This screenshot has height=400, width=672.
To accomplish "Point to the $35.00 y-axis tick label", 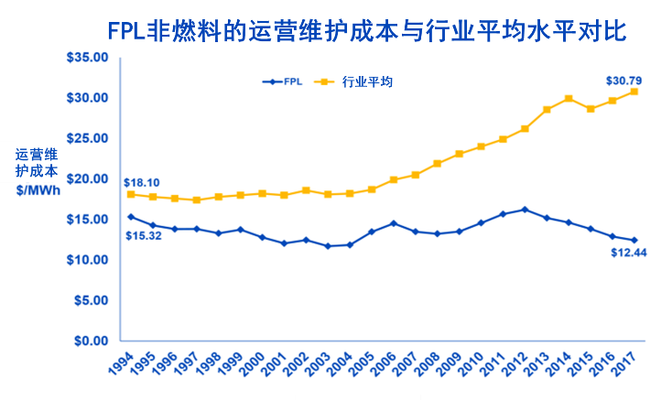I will [x=88, y=57].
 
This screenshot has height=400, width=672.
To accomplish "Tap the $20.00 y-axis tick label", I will [x=88, y=178].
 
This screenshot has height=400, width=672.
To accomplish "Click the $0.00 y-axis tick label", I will [x=91, y=341].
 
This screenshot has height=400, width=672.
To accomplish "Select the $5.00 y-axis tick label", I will [x=91, y=300].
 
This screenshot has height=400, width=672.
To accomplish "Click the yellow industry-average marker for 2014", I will [x=569, y=98].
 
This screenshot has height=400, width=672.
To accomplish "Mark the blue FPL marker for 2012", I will [x=525, y=210].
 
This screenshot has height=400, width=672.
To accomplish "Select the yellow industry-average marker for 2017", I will [x=634, y=92].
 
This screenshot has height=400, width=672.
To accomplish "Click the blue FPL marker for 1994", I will [x=131, y=217].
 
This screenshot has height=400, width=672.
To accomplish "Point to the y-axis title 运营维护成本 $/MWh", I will [x=37, y=171].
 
